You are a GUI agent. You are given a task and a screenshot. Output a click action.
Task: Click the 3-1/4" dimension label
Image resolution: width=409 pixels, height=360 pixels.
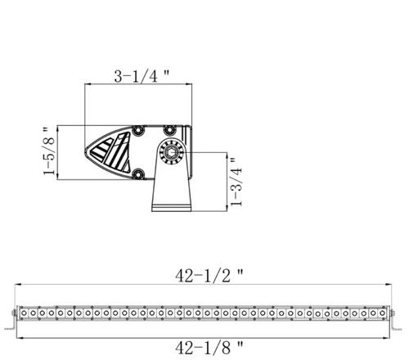tap(142, 76)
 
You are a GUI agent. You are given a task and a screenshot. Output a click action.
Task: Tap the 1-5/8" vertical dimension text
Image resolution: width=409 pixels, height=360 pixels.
tap(49, 151)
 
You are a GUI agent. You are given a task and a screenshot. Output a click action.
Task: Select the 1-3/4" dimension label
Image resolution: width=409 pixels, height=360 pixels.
tap(236, 182)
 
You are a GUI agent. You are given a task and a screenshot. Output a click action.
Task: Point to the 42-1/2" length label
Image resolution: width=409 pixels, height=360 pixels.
tap(209, 276)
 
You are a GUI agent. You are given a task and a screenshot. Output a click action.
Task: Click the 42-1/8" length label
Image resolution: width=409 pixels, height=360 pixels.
tap(209, 348)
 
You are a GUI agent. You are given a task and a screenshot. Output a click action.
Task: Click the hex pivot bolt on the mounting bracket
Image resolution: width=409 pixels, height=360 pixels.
tap(171, 152)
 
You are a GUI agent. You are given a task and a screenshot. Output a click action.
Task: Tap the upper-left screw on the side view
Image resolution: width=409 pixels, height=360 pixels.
tap(138, 130)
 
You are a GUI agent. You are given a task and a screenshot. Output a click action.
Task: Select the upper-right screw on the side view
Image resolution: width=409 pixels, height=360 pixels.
tap(169, 130)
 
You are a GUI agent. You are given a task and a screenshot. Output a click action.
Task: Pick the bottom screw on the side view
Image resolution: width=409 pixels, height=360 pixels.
tap(138, 173)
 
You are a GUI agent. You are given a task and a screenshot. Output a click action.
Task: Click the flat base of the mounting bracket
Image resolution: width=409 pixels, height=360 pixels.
tap(171, 208)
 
